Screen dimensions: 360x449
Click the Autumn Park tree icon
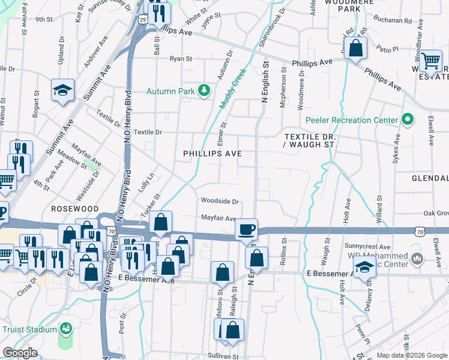205,91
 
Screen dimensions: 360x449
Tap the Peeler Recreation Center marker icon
408,119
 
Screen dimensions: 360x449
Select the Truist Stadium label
29,329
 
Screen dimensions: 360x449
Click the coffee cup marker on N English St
246,229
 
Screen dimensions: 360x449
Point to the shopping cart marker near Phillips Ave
430,61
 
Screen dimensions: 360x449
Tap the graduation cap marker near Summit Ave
62,90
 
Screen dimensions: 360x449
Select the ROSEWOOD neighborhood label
74,208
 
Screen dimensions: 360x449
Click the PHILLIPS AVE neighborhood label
212,154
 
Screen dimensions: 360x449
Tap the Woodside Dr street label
220,202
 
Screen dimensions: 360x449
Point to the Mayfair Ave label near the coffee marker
218,218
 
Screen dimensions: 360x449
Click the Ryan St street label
181,59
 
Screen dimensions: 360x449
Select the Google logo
20,353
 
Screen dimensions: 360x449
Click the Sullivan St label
221,356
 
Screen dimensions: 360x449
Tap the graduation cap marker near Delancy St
364,266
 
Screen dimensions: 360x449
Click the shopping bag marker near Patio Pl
355,48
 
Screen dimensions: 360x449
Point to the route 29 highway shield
143,20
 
